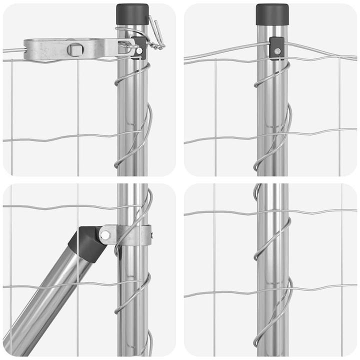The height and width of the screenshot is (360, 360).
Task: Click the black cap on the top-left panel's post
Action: click(132, 14)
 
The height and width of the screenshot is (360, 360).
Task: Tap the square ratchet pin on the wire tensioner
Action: click(75, 49)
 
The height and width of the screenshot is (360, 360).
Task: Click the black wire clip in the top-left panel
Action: click(139, 47)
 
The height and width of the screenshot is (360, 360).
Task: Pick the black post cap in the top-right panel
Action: click(272, 14)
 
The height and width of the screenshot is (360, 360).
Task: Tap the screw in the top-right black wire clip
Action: click(276, 51)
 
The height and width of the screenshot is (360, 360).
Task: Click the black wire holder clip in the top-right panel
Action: click(276, 48)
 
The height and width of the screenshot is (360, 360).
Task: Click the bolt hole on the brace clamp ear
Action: click(105, 234)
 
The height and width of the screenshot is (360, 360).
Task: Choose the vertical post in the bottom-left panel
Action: click(132, 310)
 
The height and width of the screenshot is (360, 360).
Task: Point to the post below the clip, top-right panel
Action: click(272, 125)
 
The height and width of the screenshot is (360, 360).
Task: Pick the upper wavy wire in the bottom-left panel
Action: click(50, 205)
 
